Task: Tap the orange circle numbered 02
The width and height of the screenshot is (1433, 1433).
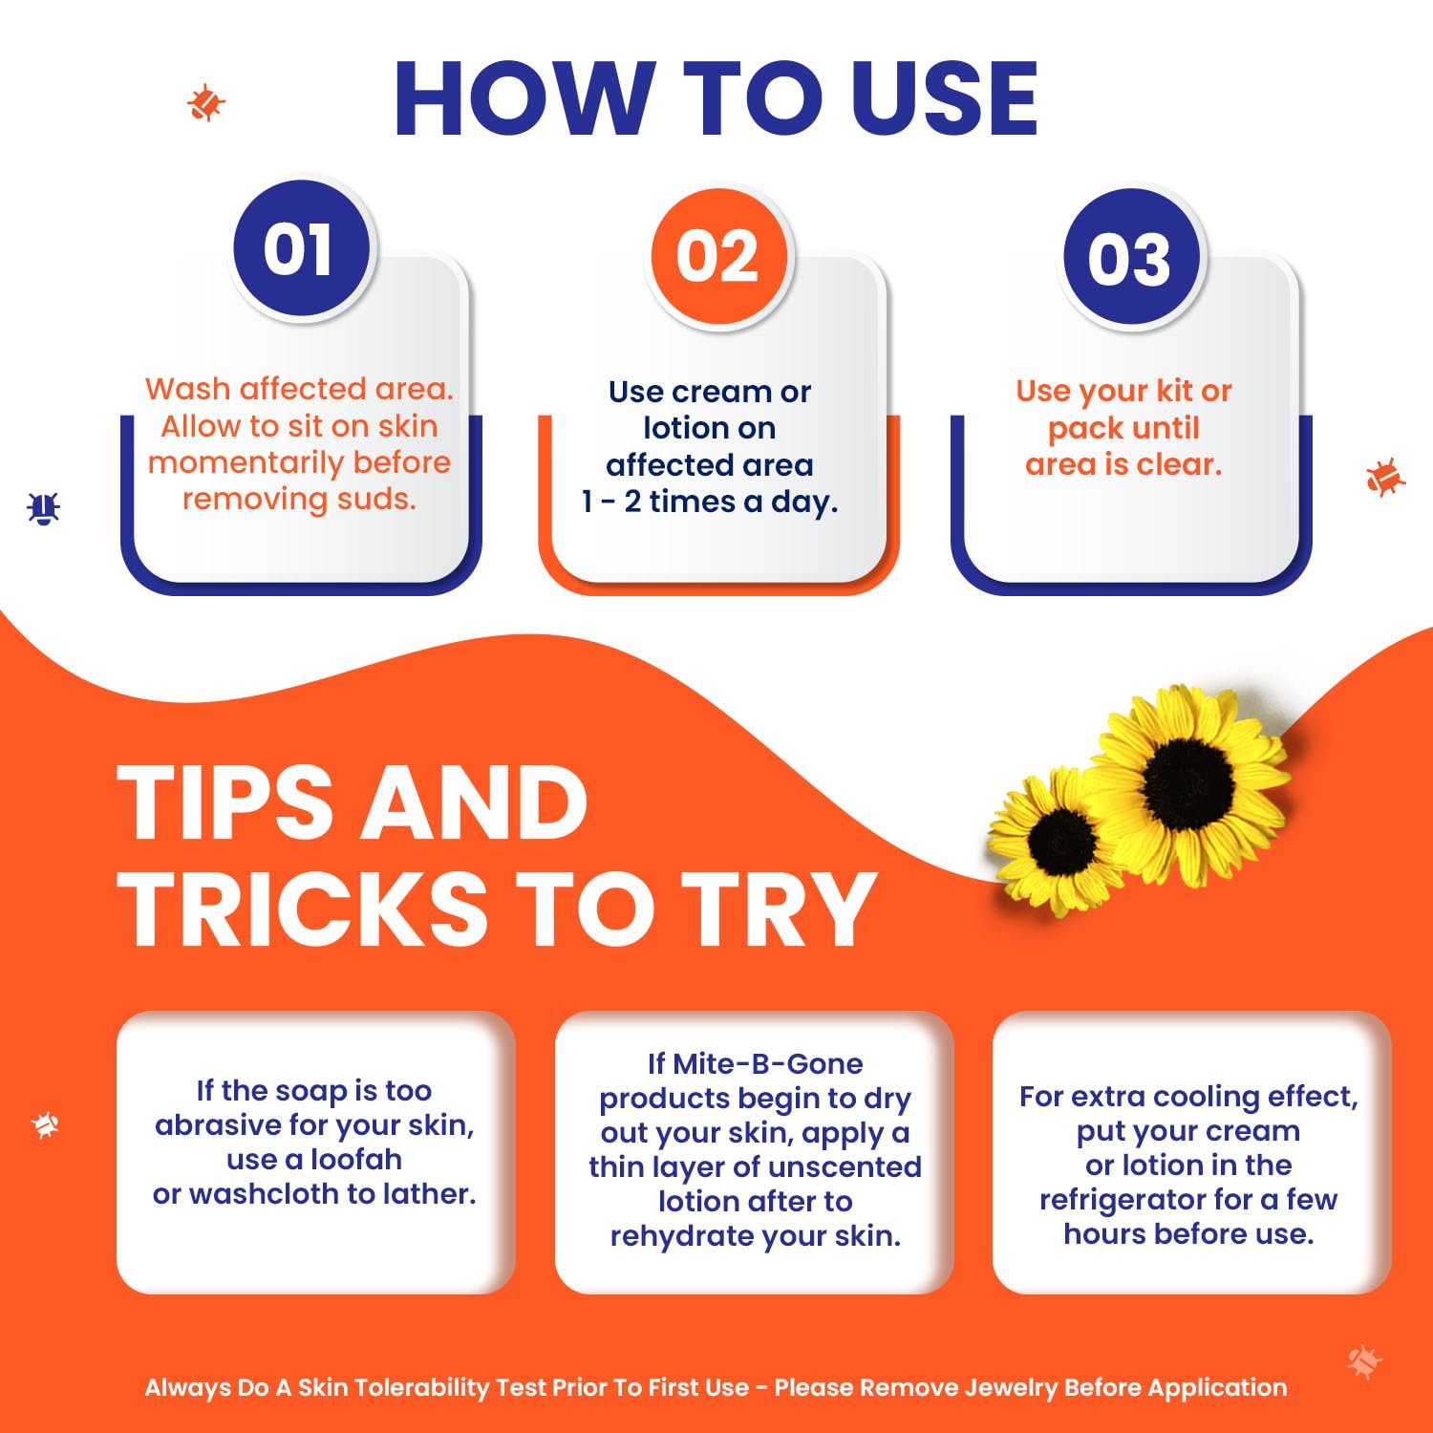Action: [718, 256]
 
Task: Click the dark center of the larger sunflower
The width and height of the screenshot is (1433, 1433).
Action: [1187, 784]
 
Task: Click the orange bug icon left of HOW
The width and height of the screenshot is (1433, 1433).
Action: [205, 102]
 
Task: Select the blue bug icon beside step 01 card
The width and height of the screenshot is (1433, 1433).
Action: [43, 508]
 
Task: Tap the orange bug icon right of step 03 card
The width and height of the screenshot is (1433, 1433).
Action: [1384, 477]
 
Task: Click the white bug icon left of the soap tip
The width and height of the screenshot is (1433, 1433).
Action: [45, 1124]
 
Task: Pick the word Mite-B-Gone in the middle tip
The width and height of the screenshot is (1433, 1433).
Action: [768, 1063]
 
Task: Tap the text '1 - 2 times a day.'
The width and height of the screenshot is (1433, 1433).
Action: [710, 502]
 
